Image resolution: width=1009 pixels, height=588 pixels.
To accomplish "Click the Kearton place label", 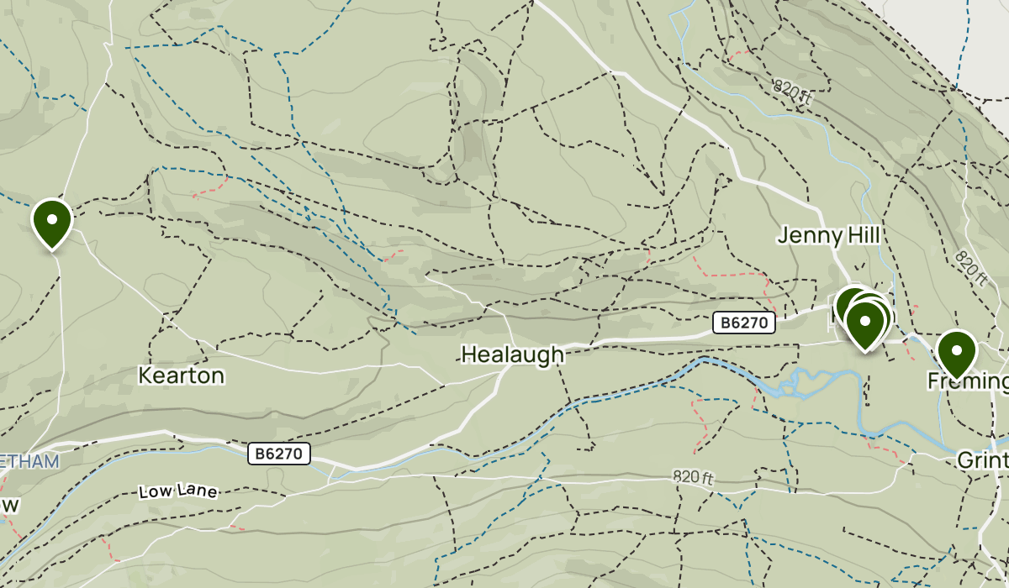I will tap(182, 375).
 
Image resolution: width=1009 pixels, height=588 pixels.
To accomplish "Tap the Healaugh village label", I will tap(512, 355).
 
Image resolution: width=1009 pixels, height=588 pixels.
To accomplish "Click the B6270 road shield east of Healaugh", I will tap(743, 323).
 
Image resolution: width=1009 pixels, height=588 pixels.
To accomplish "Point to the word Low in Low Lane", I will tap(156, 491).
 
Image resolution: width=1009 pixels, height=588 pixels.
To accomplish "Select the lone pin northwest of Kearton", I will tap(52, 223).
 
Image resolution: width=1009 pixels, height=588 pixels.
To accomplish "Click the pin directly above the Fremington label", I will tap(956, 353).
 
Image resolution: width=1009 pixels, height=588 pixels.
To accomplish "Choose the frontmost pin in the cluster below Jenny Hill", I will tap(865, 323).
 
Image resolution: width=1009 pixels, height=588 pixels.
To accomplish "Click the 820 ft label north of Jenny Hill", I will tap(792, 92).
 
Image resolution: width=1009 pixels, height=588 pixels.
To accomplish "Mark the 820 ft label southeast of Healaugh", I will tap(693, 478).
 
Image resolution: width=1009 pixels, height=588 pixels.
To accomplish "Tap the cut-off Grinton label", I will tap(983, 460).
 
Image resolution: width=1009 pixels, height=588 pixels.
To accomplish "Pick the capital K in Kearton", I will tap(146, 375).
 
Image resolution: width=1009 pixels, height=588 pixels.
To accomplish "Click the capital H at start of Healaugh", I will tap(469, 355).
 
